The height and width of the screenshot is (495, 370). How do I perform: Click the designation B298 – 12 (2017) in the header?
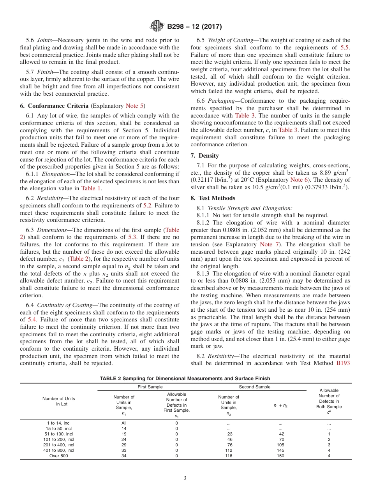pyautogui.click(x=194, y=27)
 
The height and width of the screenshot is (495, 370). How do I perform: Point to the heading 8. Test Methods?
pyautogui.click(x=213, y=198)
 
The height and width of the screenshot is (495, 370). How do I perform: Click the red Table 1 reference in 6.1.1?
pyautogui.click(x=91, y=188)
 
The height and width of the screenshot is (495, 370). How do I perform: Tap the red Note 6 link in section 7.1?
pyautogui.click(x=299, y=179)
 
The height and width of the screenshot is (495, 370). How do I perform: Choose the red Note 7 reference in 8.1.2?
pyautogui.click(x=269, y=244)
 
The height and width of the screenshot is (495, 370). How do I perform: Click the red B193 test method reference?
pyautogui.click(x=343, y=363)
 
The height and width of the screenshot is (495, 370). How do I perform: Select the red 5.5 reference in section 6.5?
pyautogui.click(x=345, y=47)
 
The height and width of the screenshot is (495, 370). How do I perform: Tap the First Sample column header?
pyautogui.click(x=150, y=387)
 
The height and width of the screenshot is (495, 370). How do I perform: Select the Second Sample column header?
pyautogui.click(x=254, y=387)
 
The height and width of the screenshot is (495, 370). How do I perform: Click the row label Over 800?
pyautogui.click(x=58, y=456)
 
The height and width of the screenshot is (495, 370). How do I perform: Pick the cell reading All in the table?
pyautogui.click(x=124, y=423)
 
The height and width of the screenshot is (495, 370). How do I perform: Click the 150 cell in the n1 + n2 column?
pyautogui.click(x=280, y=456)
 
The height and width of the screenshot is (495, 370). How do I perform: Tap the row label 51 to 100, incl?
pyautogui.click(x=58, y=434)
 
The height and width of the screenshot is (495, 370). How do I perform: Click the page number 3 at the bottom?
pyautogui.click(x=185, y=478)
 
